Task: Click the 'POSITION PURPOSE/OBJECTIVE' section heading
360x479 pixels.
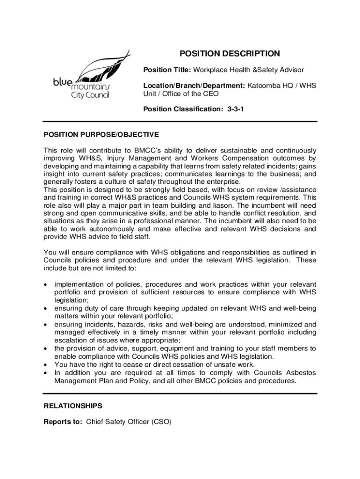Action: click(101, 135)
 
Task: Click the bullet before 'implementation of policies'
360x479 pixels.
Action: click(45, 284)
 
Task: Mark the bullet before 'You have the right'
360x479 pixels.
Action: click(45, 364)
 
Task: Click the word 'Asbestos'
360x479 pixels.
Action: click(300, 372)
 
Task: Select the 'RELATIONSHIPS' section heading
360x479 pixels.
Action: click(73, 406)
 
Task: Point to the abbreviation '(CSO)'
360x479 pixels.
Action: click(161, 421)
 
